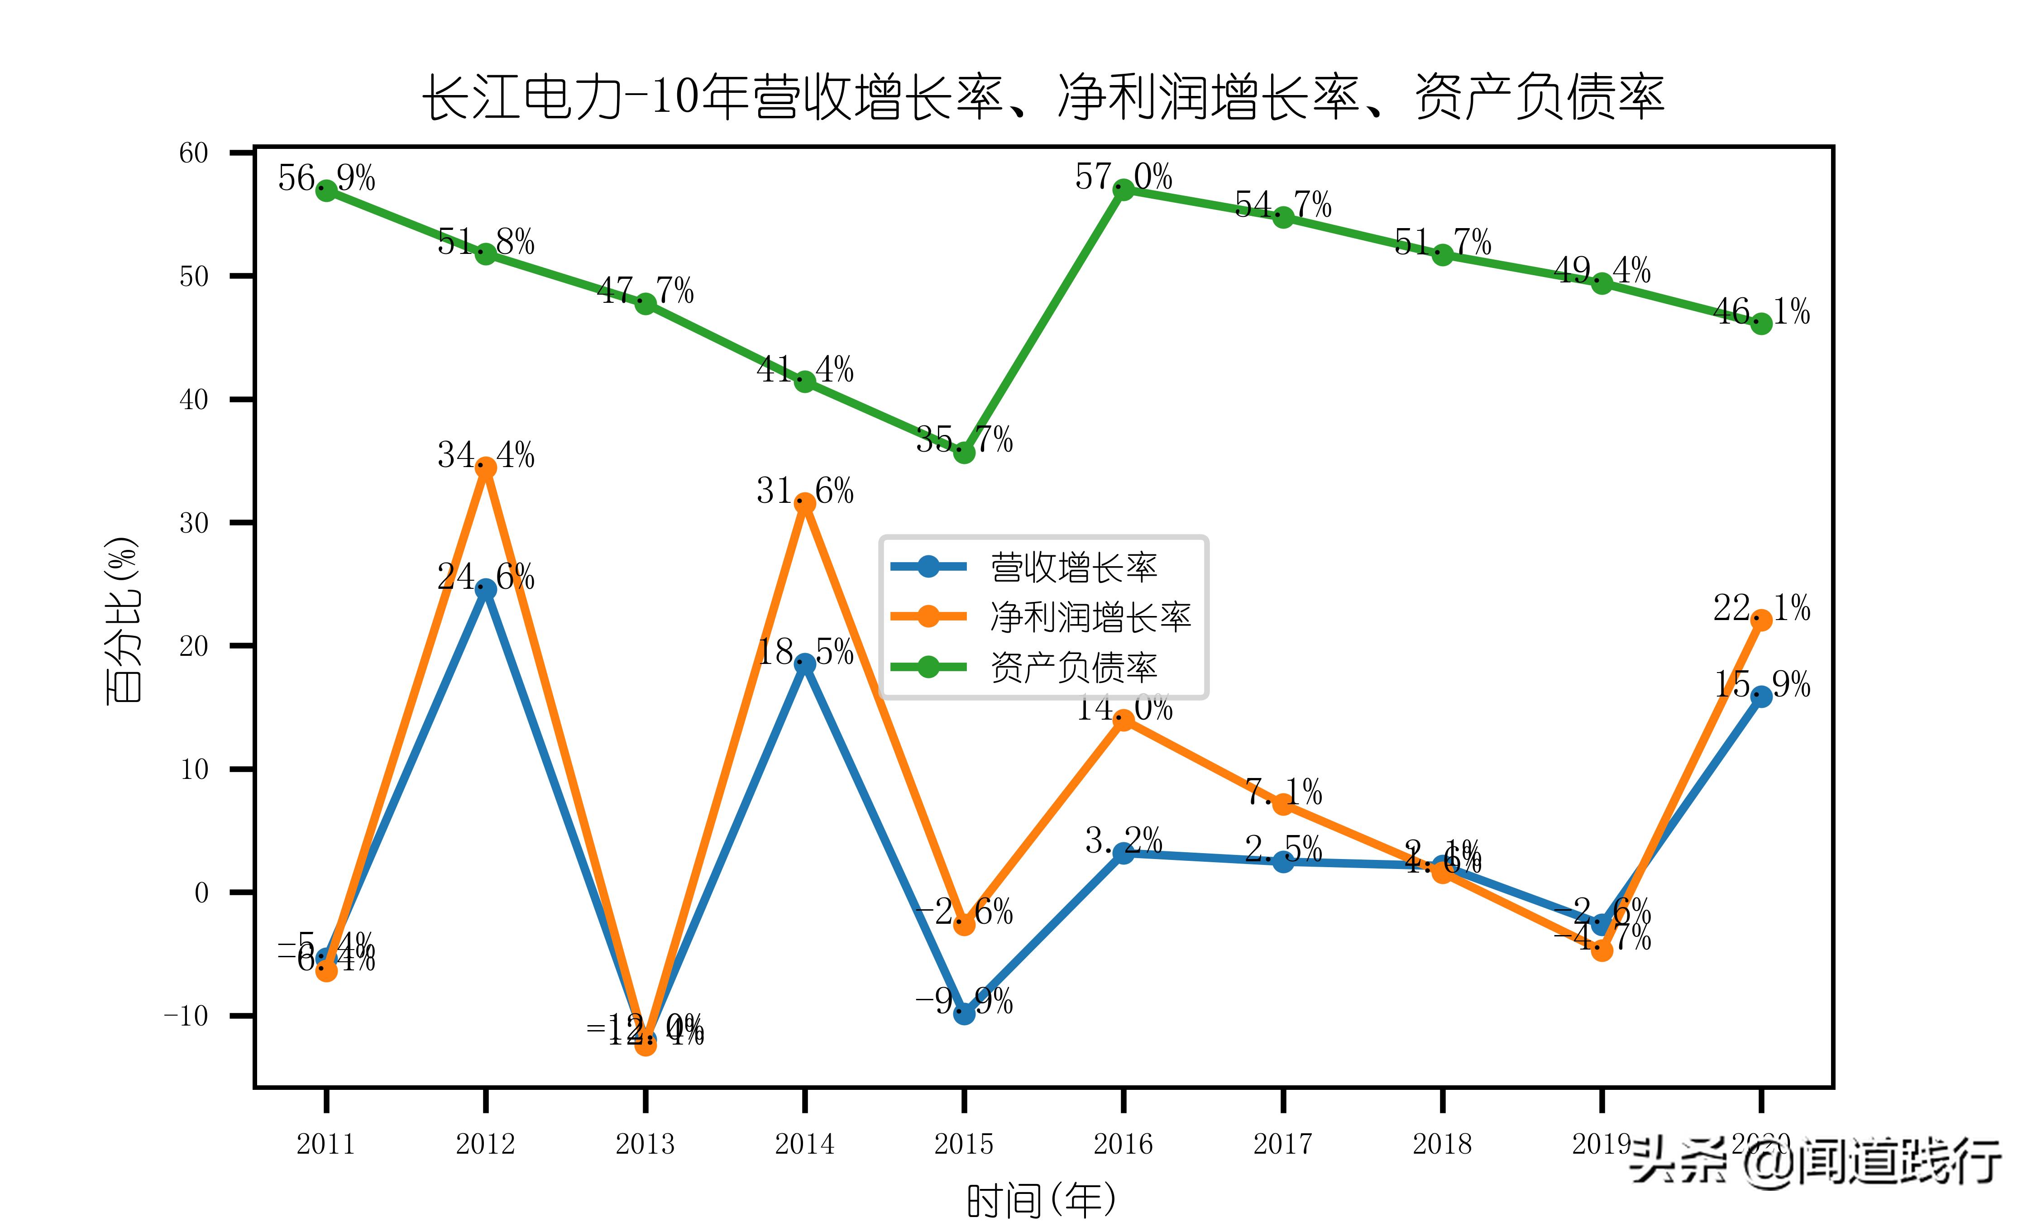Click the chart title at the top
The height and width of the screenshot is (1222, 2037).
tap(1043, 97)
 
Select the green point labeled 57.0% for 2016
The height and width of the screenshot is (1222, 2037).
tap(1123, 189)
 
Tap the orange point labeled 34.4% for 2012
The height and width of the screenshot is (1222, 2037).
tap(486, 468)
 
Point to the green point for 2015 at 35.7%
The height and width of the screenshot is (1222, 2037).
tap(964, 452)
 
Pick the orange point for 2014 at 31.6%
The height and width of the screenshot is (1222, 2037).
tap(804, 503)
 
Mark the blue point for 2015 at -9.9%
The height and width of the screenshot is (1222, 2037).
tap(964, 1014)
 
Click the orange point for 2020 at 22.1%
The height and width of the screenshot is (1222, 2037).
tap(1761, 620)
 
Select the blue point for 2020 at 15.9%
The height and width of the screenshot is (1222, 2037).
tap(1761, 697)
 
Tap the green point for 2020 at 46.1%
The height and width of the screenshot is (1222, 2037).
tap(1761, 324)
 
